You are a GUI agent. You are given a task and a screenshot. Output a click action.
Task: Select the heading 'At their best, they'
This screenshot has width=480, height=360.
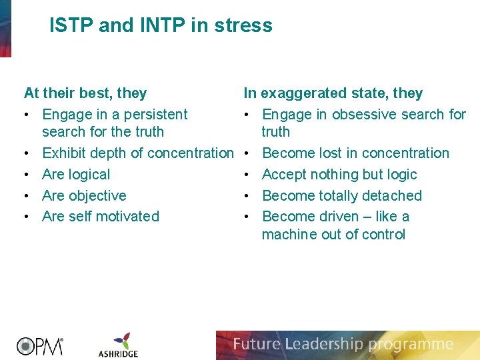coord(85,93)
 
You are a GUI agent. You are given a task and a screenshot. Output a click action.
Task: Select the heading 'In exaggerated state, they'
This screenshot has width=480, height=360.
coord(333,93)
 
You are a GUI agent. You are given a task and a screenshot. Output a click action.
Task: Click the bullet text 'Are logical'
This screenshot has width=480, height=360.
coord(76,175)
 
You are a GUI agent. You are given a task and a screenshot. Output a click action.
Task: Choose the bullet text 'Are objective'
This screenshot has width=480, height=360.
coord(84,196)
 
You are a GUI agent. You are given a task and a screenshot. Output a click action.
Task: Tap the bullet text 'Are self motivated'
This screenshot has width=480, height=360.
coord(101,217)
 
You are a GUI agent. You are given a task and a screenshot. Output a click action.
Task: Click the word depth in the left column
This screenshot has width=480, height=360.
coord(109,153)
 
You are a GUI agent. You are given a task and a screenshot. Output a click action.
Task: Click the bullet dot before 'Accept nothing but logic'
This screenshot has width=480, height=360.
coord(247,175)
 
